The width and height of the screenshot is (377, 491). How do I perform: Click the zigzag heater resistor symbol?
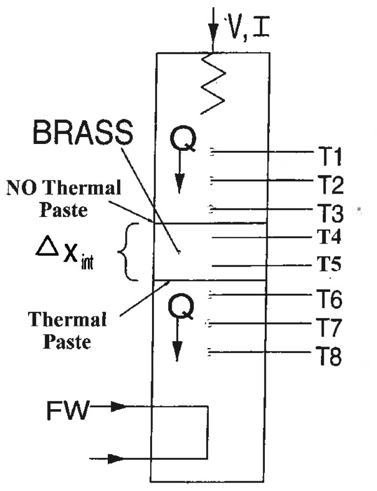click(x=215, y=84)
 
